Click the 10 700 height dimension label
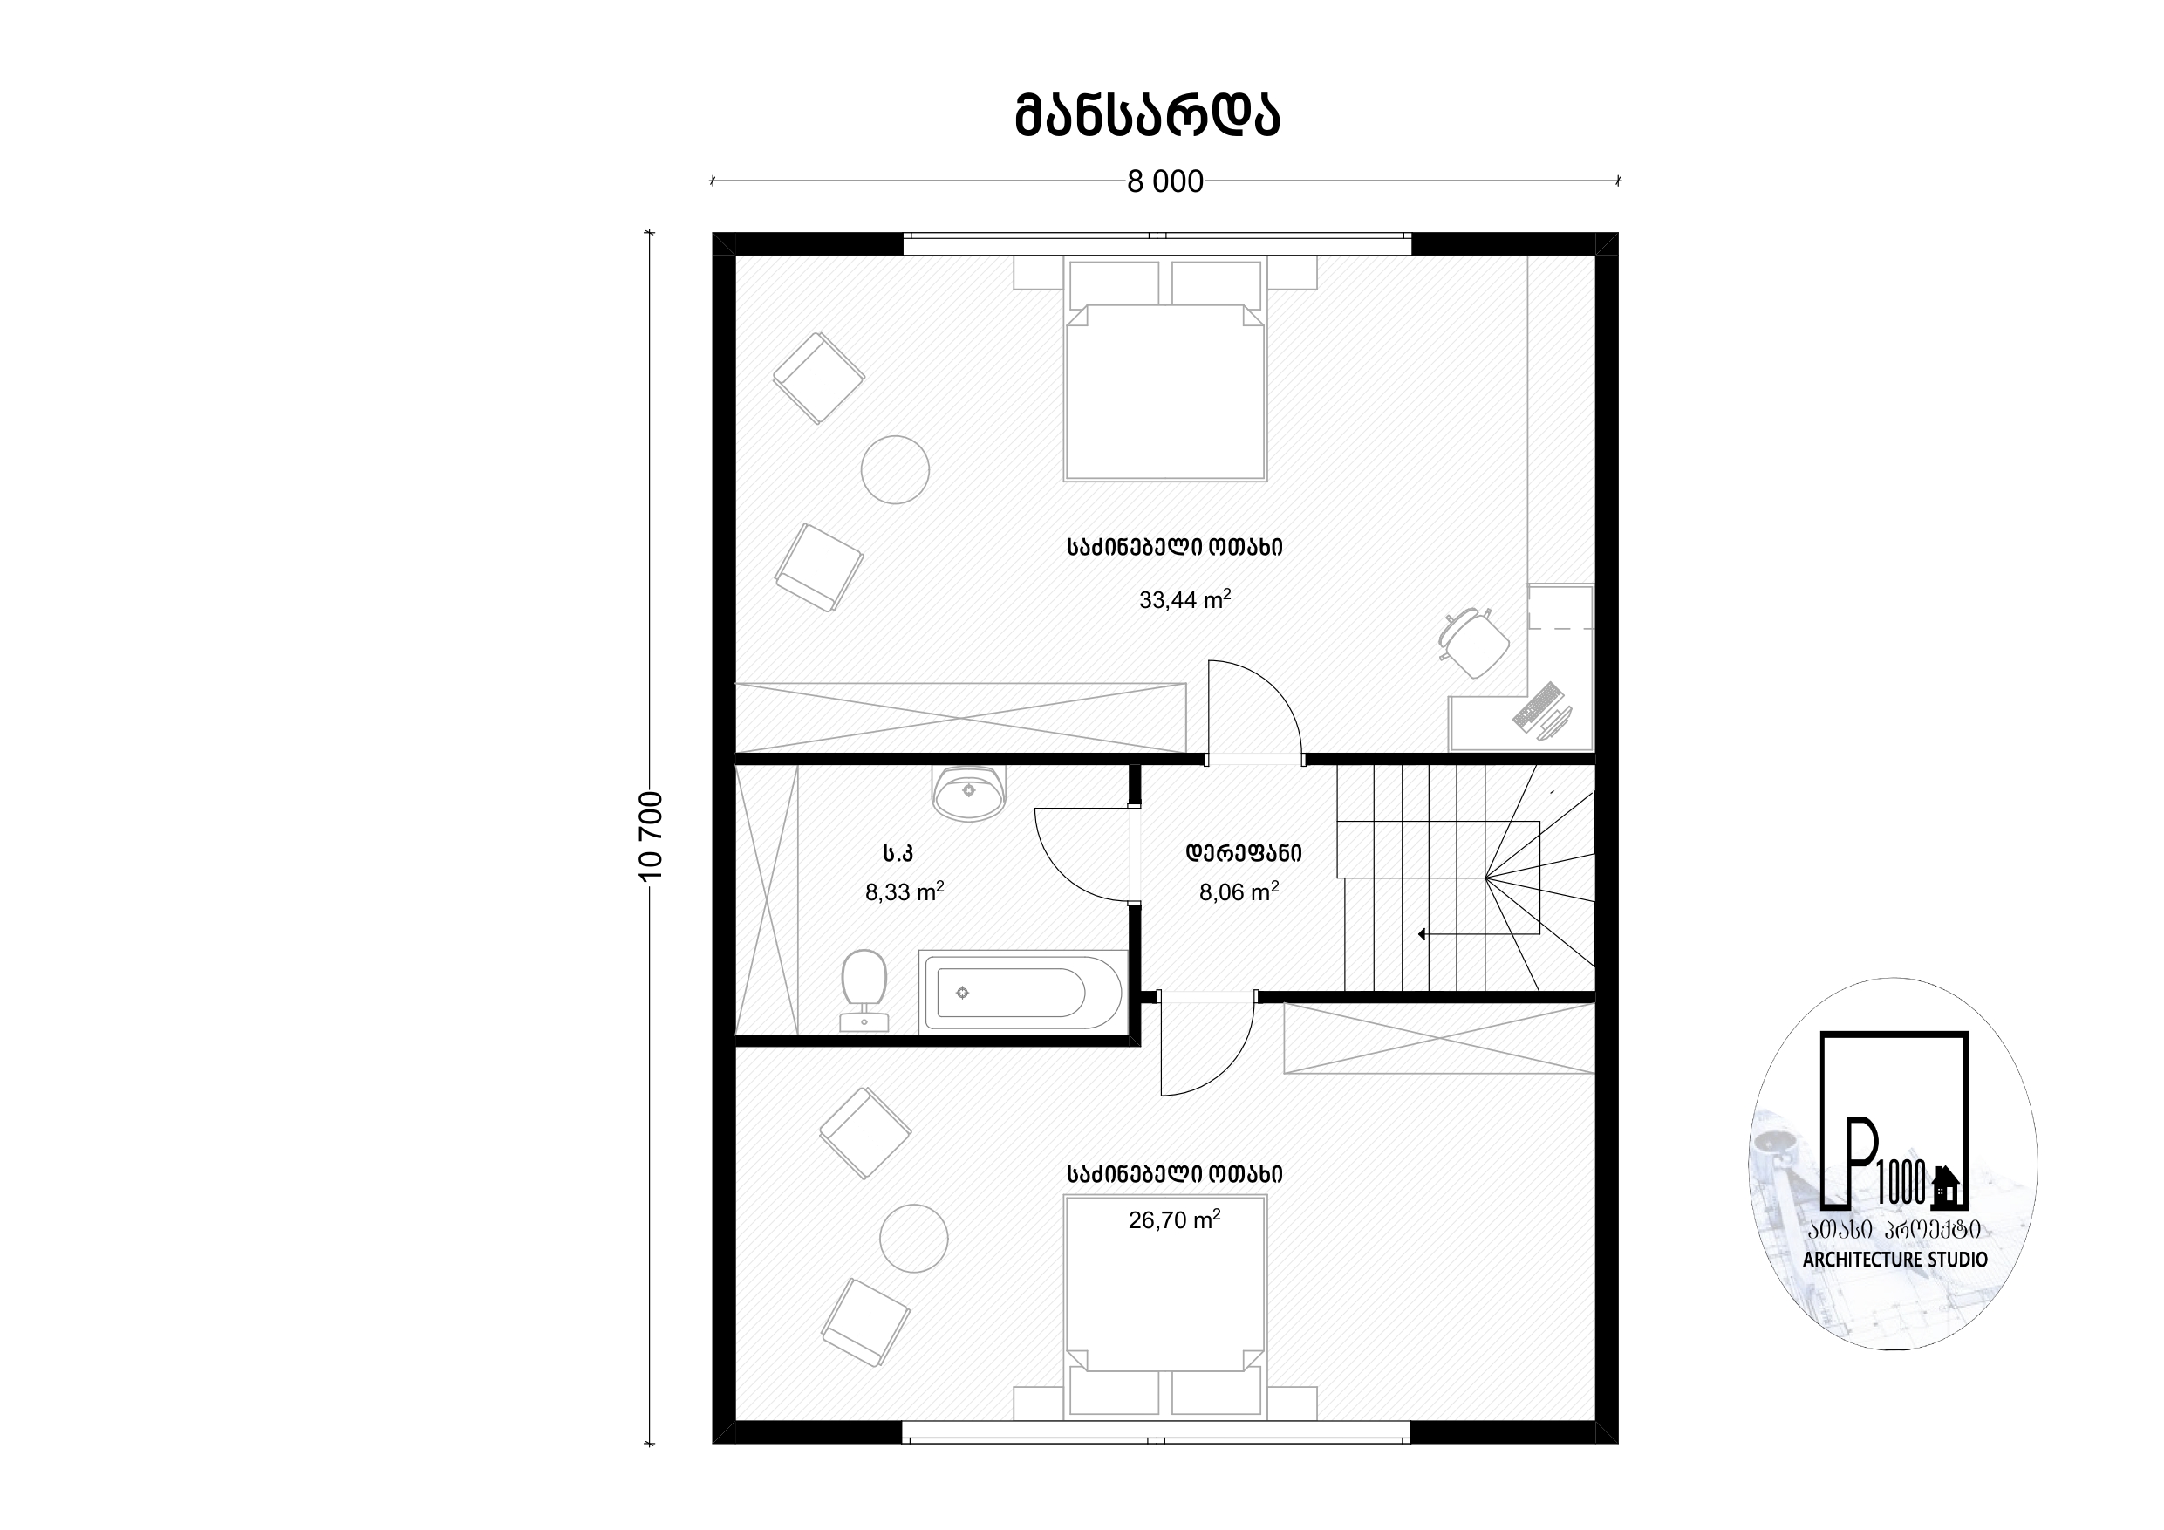pos(652,837)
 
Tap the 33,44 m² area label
pos(1184,599)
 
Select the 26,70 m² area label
pos(1174,1219)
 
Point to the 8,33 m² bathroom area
pos(905,891)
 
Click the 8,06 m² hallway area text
pos(1239,891)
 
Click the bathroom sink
pos(969,793)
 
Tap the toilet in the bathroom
pos(864,991)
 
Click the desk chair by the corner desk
pos(1474,644)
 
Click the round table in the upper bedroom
pos(896,469)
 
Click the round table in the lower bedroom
pos(914,1238)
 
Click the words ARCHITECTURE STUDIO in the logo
pos(1895,1260)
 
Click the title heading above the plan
pos(1147,116)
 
